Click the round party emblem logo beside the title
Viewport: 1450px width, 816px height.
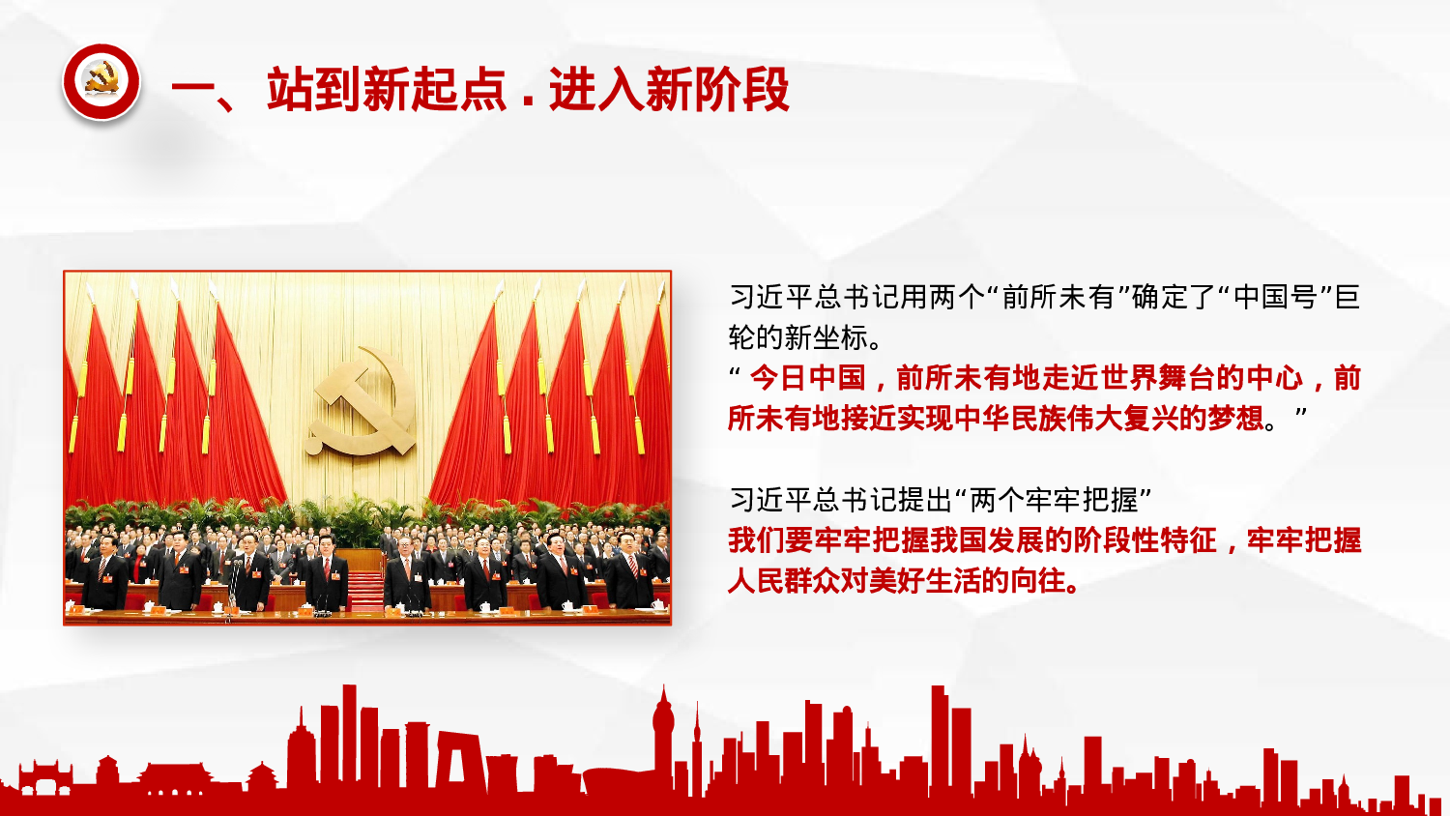tap(101, 82)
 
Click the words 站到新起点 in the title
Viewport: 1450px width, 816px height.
tap(387, 90)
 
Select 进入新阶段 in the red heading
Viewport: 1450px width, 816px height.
tap(669, 90)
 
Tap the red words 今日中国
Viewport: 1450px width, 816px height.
tap(808, 377)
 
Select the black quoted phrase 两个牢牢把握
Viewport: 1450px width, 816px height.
tap(1053, 500)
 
